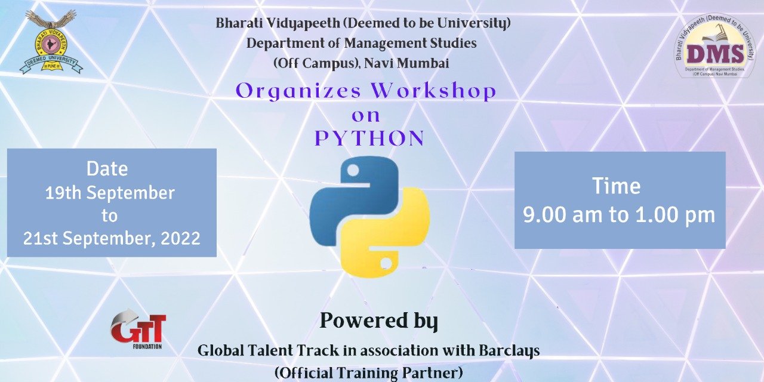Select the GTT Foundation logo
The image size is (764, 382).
[x=138, y=330]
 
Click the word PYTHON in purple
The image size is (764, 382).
[x=369, y=138]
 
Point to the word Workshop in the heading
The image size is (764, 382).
[x=433, y=91]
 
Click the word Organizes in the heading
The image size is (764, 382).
[x=298, y=91]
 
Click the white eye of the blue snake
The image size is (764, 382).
[x=353, y=171]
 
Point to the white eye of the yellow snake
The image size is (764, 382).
[x=386, y=262]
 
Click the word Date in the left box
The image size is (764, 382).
[x=107, y=169]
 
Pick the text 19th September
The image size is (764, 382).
[x=110, y=193]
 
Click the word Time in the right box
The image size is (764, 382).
[x=616, y=186]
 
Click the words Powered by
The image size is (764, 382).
[x=378, y=321]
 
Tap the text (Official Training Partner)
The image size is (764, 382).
[x=368, y=372]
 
